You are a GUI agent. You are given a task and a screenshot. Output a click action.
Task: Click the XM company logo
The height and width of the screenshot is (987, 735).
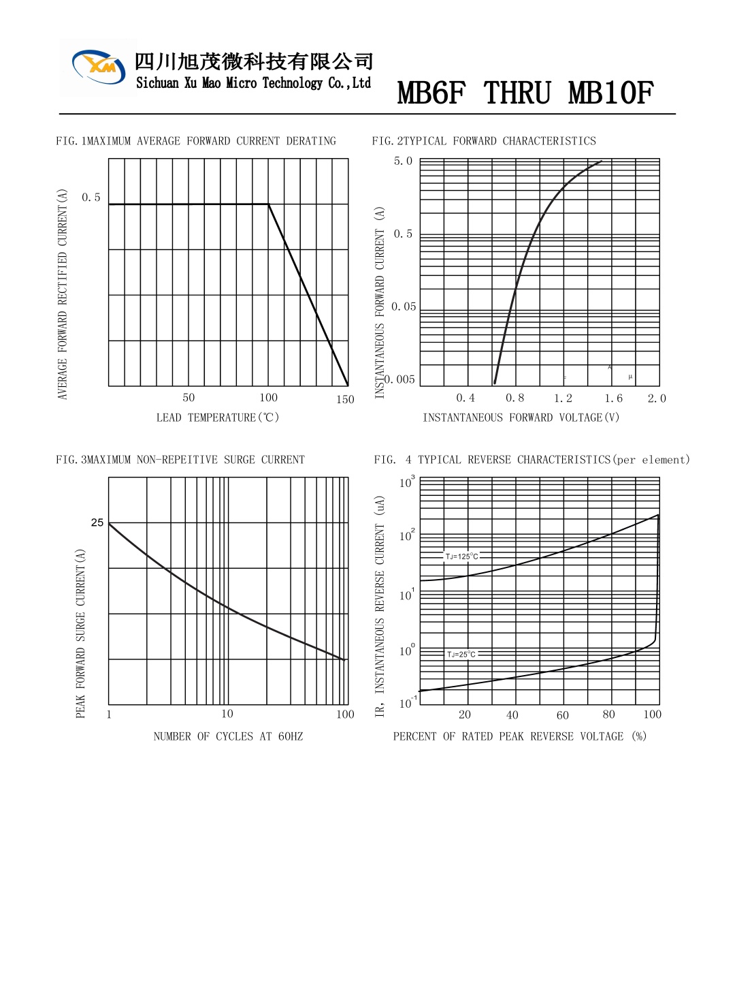pos(99,67)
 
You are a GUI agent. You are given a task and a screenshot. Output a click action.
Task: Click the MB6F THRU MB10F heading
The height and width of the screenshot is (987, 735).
pos(525,93)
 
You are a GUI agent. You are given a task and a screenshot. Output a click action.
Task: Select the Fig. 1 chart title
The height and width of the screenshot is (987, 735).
pos(196,141)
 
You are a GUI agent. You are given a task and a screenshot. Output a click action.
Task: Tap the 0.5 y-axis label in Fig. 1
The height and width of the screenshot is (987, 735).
pos(91,198)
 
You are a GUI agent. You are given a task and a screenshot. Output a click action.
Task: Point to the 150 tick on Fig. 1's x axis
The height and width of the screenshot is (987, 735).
pos(345,399)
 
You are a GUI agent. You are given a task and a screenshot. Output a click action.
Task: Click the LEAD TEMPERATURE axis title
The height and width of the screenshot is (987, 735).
pos(218,418)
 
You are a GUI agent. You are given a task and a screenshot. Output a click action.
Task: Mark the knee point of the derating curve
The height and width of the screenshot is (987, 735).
pos(268,204)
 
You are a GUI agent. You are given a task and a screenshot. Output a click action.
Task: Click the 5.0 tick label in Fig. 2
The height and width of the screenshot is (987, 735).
pos(403,161)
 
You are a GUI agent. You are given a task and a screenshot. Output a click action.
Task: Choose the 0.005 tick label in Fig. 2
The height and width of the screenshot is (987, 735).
pos(399,379)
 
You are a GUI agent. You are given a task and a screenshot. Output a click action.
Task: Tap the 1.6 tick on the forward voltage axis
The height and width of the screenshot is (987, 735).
pos(613,398)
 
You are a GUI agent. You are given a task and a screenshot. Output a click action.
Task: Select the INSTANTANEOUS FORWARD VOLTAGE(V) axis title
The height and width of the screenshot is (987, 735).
pos(521,418)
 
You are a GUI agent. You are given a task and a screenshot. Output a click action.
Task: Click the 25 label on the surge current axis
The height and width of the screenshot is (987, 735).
pos(97,522)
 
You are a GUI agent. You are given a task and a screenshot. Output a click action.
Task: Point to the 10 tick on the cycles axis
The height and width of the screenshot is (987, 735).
pos(227,714)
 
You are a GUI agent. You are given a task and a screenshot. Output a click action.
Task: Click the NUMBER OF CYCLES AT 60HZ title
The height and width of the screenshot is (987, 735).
pos(228,736)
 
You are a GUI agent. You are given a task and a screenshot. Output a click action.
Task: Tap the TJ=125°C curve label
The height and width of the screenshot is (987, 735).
pos(462,557)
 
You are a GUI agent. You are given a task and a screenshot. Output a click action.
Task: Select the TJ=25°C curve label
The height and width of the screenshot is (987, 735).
pos(461,654)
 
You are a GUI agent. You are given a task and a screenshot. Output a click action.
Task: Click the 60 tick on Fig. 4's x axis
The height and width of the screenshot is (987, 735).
pos(562,715)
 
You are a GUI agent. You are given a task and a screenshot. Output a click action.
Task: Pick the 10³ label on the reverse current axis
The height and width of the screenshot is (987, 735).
pos(406,482)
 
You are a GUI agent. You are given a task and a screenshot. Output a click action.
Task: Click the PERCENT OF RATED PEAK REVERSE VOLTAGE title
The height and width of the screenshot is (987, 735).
pos(519,736)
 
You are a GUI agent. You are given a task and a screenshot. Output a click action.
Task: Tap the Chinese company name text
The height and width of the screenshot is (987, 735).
pos(254,61)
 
